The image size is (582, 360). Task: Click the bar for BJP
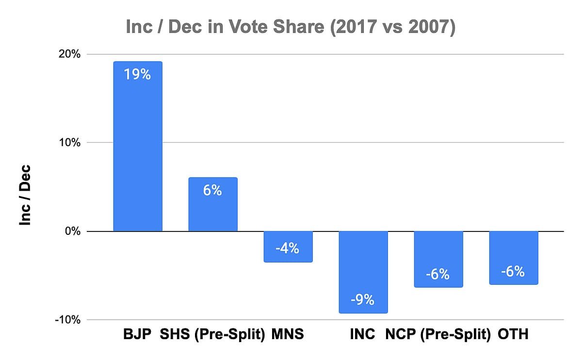pos(138,146)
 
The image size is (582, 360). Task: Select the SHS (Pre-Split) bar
pos(213,204)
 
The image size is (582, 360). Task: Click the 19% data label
pos(138,75)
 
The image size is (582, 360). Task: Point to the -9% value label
pos(363,300)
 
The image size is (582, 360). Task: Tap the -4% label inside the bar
pos(288,249)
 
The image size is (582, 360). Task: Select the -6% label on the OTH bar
pos(513,271)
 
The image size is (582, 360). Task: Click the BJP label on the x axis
pos(137,334)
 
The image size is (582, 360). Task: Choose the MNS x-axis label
pos(288,334)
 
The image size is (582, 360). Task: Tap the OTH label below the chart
pos(513,334)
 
